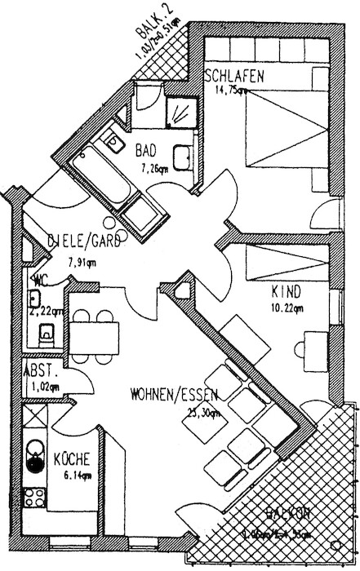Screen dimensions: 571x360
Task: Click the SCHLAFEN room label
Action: (x=234, y=77)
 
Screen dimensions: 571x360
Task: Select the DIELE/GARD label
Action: (x=85, y=241)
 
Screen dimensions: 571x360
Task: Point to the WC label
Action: (x=39, y=280)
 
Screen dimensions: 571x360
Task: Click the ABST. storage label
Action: (x=37, y=369)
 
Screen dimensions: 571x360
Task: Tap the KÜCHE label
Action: (x=71, y=459)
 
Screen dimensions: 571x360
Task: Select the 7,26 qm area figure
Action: (x=154, y=169)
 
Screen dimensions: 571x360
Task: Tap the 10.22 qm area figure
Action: (x=287, y=309)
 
